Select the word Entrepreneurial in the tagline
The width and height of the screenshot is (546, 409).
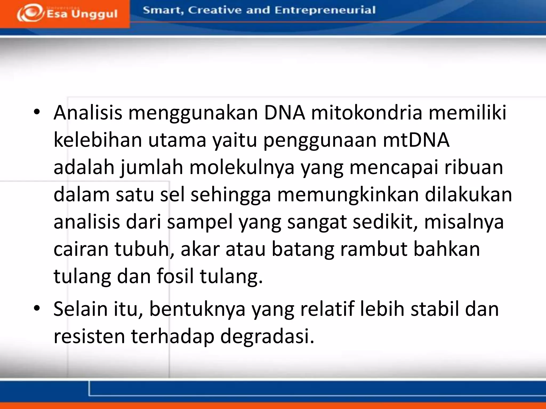(x=325, y=10)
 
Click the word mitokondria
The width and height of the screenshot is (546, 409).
(x=367, y=112)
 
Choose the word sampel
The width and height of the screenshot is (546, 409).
(x=200, y=222)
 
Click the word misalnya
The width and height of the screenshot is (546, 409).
(x=464, y=222)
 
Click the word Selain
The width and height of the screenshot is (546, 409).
(x=81, y=309)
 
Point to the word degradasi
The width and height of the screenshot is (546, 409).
(x=267, y=336)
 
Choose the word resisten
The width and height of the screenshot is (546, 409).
(x=89, y=336)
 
